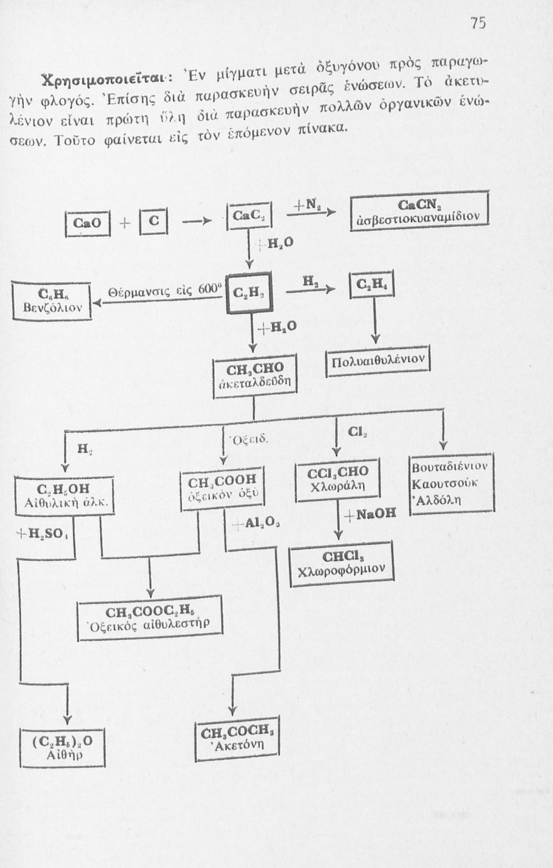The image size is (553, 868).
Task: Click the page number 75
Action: (x=478, y=23)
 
